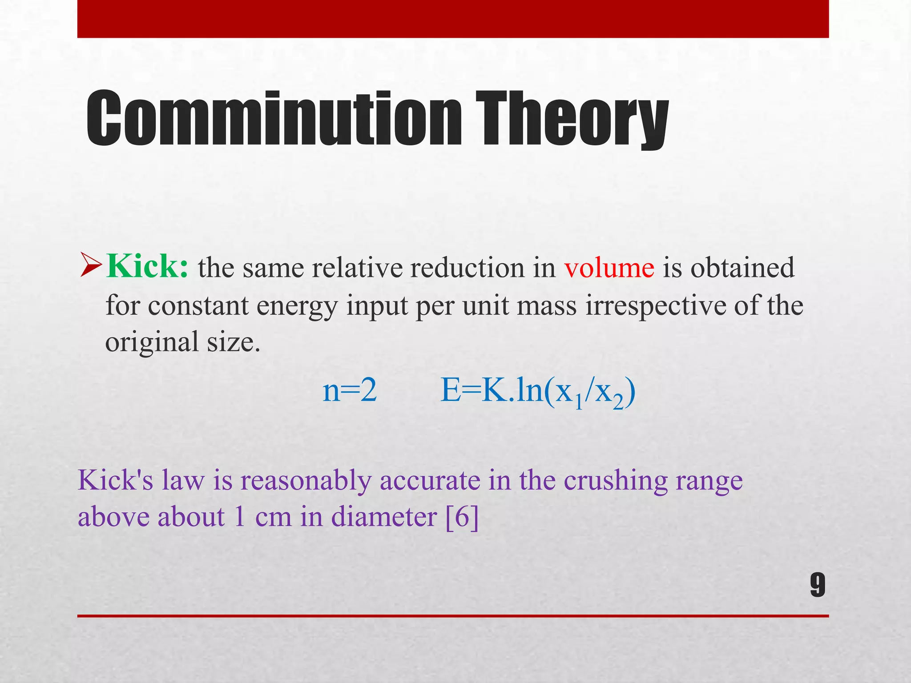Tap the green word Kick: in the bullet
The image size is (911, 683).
(147, 267)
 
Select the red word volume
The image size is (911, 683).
(609, 268)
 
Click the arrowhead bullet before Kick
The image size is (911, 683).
(91, 265)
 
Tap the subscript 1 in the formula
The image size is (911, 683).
(578, 402)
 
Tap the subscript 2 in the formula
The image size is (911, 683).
(618, 402)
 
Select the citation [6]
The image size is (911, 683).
(462, 517)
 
